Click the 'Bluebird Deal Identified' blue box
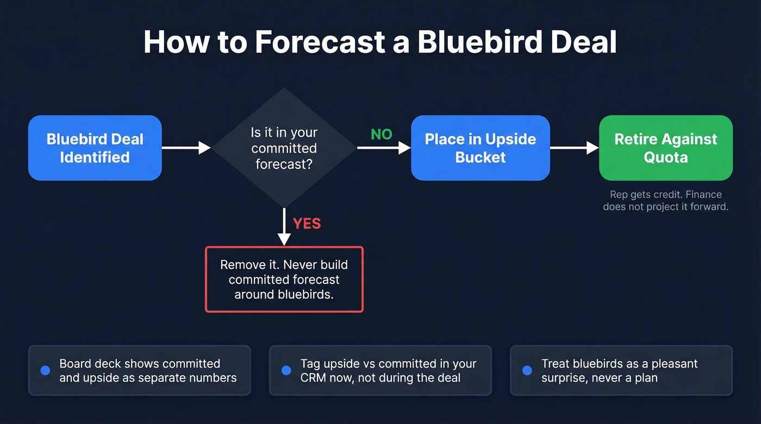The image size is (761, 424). (x=95, y=148)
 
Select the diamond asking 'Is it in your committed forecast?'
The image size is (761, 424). (x=284, y=148)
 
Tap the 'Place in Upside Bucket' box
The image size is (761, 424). (x=480, y=148)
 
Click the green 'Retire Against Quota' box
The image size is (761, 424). (x=665, y=148)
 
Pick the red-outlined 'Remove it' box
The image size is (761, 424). (x=284, y=280)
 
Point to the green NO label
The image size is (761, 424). (x=381, y=135)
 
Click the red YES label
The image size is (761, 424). (x=307, y=224)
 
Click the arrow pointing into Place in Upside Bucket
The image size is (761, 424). (x=384, y=148)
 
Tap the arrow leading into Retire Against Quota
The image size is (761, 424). (x=574, y=148)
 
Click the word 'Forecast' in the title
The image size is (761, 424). (x=321, y=42)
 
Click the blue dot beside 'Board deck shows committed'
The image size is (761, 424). (x=45, y=370)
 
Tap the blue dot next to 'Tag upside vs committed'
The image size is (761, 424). (x=286, y=370)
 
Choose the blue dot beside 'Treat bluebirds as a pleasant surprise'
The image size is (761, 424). (x=527, y=370)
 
